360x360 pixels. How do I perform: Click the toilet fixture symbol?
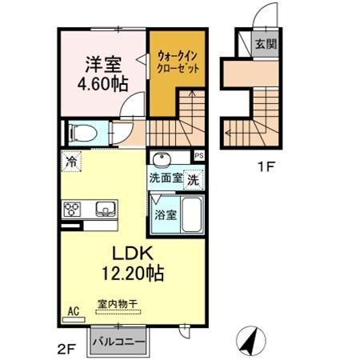click(82, 133)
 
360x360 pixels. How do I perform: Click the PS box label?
click(198, 155)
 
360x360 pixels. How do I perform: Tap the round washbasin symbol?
click(162, 158)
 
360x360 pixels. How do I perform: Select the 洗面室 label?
click(166, 179)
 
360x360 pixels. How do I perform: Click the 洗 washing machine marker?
click(194, 180)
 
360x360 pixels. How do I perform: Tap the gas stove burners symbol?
click(72, 210)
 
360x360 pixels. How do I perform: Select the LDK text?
click(132, 253)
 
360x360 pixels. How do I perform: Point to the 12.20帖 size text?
click(132, 274)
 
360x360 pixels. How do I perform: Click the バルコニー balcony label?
click(118, 342)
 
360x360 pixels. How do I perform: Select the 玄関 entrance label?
click(266, 44)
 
